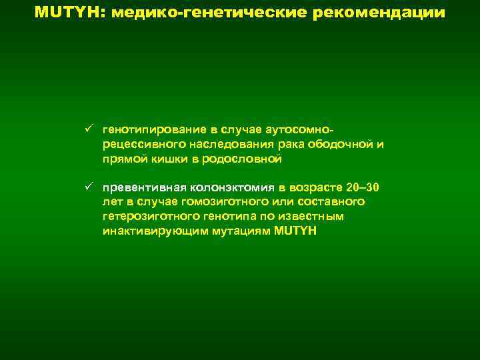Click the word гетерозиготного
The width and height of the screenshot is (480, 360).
click(145, 217)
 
